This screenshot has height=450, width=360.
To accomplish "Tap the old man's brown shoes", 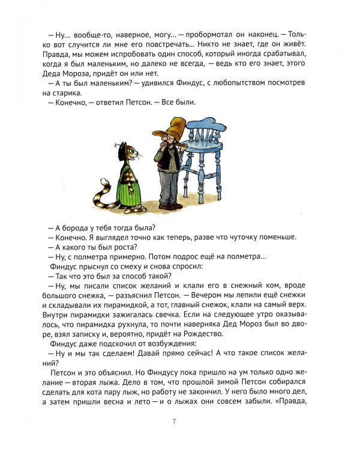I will tap(170, 206).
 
